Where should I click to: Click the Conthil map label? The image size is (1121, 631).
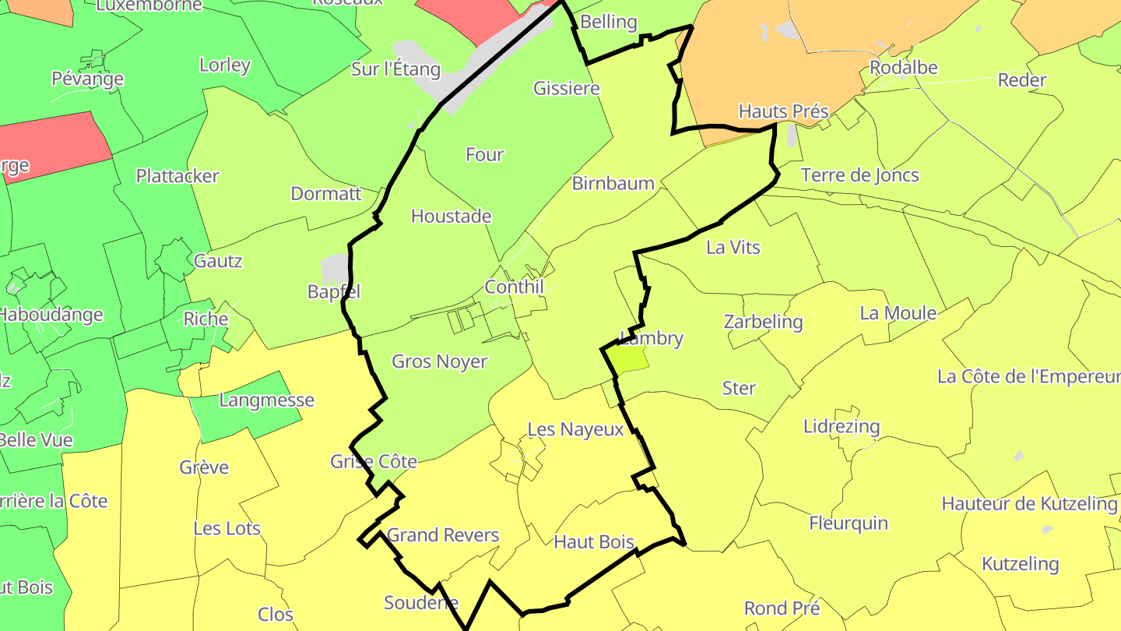pyautogui.click(x=514, y=287)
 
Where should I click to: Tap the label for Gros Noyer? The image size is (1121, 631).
pyautogui.click(x=439, y=361)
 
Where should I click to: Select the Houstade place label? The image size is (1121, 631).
pyautogui.click(x=451, y=216)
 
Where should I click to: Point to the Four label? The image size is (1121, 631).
pyautogui.click(x=484, y=154)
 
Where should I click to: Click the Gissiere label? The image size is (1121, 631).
pyautogui.click(x=566, y=88)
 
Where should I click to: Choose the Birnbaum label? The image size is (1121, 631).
pyautogui.click(x=613, y=183)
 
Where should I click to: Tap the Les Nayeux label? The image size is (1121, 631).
pyautogui.click(x=575, y=429)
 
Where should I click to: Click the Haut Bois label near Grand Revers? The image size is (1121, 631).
pyautogui.click(x=593, y=541)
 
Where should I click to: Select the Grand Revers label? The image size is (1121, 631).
pyautogui.click(x=442, y=535)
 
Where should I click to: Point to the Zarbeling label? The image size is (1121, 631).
pyautogui.click(x=762, y=322)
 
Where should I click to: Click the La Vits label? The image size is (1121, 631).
pyautogui.click(x=733, y=247)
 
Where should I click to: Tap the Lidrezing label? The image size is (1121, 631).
pyautogui.click(x=841, y=426)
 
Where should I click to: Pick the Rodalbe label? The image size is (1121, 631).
pyautogui.click(x=903, y=67)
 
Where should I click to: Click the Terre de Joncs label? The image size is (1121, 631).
pyautogui.click(x=859, y=175)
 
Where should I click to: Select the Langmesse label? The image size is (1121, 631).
pyautogui.click(x=266, y=400)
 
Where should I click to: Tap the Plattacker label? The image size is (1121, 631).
pyautogui.click(x=177, y=175)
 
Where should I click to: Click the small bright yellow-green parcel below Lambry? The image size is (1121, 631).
pyautogui.click(x=627, y=358)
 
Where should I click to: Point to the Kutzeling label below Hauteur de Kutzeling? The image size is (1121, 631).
pyautogui.click(x=1020, y=563)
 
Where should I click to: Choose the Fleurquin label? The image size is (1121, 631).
pyautogui.click(x=848, y=523)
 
